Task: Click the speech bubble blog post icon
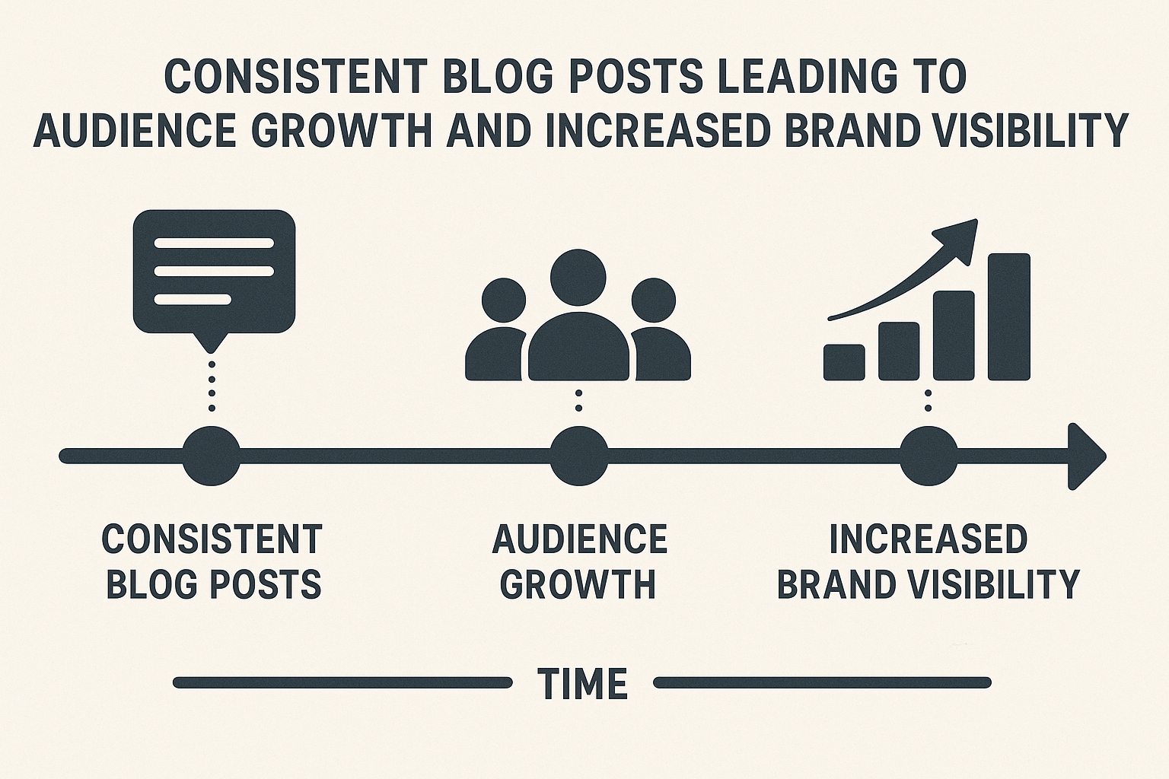click(213, 272)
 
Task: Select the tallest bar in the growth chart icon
click(1008, 316)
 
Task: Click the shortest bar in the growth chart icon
click(844, 362)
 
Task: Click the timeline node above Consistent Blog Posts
click(212, 456)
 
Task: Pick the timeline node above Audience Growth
click(579, 456)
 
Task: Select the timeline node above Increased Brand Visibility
click(929, 456)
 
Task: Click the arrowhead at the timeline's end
click(1087, 456)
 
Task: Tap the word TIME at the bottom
click(582, 682)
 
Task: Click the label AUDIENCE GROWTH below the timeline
click(579, 561)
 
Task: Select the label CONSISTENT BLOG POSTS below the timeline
click(212, 561)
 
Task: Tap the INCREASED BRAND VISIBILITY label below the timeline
click(929, 561)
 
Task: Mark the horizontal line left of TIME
click(342, 682)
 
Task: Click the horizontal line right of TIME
click(822, 682)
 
